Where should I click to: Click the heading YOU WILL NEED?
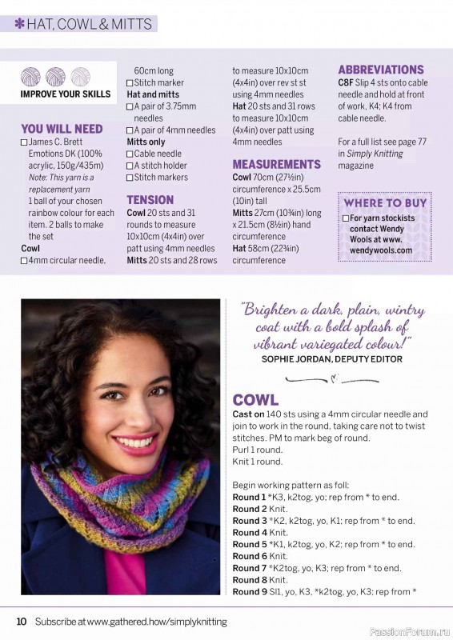(62, 128)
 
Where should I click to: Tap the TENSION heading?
(150, 199)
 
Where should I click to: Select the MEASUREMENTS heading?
(276, 164)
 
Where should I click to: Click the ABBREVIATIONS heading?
(380, 70)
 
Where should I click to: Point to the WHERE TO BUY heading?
(385, 203)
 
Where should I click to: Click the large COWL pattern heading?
(255, 399)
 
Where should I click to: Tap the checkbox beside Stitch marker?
(130, 83)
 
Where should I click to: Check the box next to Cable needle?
(130, 154)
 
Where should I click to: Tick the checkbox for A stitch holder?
(130, 166)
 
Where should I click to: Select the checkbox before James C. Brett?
(24, 142)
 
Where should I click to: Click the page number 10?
(22, 621)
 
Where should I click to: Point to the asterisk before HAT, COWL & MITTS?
(19, 24)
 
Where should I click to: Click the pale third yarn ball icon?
(80, 77)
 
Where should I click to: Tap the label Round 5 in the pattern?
(250, 544)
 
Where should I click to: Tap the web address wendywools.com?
(381, 250)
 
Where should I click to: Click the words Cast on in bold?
(248, 414)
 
